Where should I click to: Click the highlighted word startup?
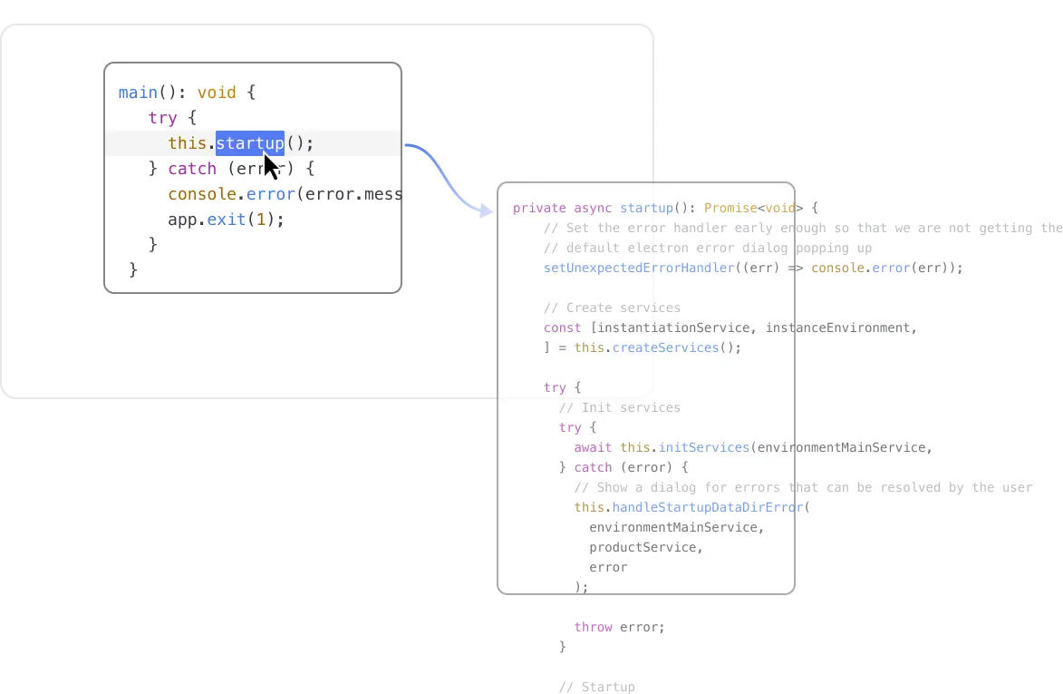coord(249,143)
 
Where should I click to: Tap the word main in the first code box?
coord(139,93)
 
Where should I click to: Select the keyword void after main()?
coord(217,93)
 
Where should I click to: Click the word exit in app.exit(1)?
coord(226,220)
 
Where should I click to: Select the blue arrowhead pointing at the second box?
coord(486,210)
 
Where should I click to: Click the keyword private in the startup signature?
coord(539,208)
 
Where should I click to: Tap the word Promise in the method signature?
coord(730,208)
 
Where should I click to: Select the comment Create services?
coord(612,308)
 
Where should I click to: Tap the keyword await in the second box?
coord(593,447)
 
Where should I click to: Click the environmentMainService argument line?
coord(676,527)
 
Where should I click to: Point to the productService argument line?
coord(645,547)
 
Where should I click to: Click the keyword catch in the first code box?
coord(192,169)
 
